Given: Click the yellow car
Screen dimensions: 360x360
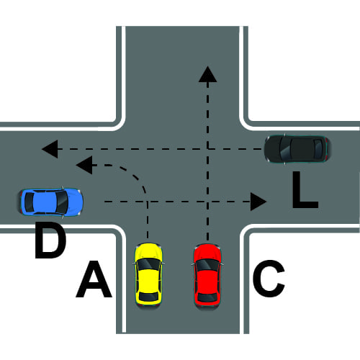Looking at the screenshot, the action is (x=148, y=275).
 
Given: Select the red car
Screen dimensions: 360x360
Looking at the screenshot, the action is (x=207, y=276).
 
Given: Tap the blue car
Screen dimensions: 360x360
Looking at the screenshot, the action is (x=51, y=202).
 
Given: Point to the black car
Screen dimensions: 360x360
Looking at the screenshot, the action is (x=297, y=149).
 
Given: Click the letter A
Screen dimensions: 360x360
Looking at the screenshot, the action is (x=94, y=279).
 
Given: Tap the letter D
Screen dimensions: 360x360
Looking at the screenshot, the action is (x=50, y=240).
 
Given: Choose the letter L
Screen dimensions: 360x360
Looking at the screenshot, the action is (x=305, y=189).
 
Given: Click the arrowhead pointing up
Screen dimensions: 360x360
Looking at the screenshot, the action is (x=208, y=74).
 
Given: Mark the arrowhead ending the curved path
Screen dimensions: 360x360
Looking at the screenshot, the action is (x=84, y=165).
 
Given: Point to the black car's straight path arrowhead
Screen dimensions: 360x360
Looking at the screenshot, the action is (x=50, y=149).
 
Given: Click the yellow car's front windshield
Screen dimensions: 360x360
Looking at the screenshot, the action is (x=148, y=264).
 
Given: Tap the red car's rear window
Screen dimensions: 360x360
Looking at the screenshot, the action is (x=207, y=297).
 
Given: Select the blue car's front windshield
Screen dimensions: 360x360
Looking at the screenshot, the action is (x=63, y=202).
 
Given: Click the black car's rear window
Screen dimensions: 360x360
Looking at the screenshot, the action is (x=318, y=149).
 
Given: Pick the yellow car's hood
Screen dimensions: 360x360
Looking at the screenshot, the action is (x=148, y=251).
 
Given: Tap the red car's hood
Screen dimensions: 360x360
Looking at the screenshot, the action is (x=207, y=252).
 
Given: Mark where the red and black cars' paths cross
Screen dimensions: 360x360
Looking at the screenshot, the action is (x=208, y=149).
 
